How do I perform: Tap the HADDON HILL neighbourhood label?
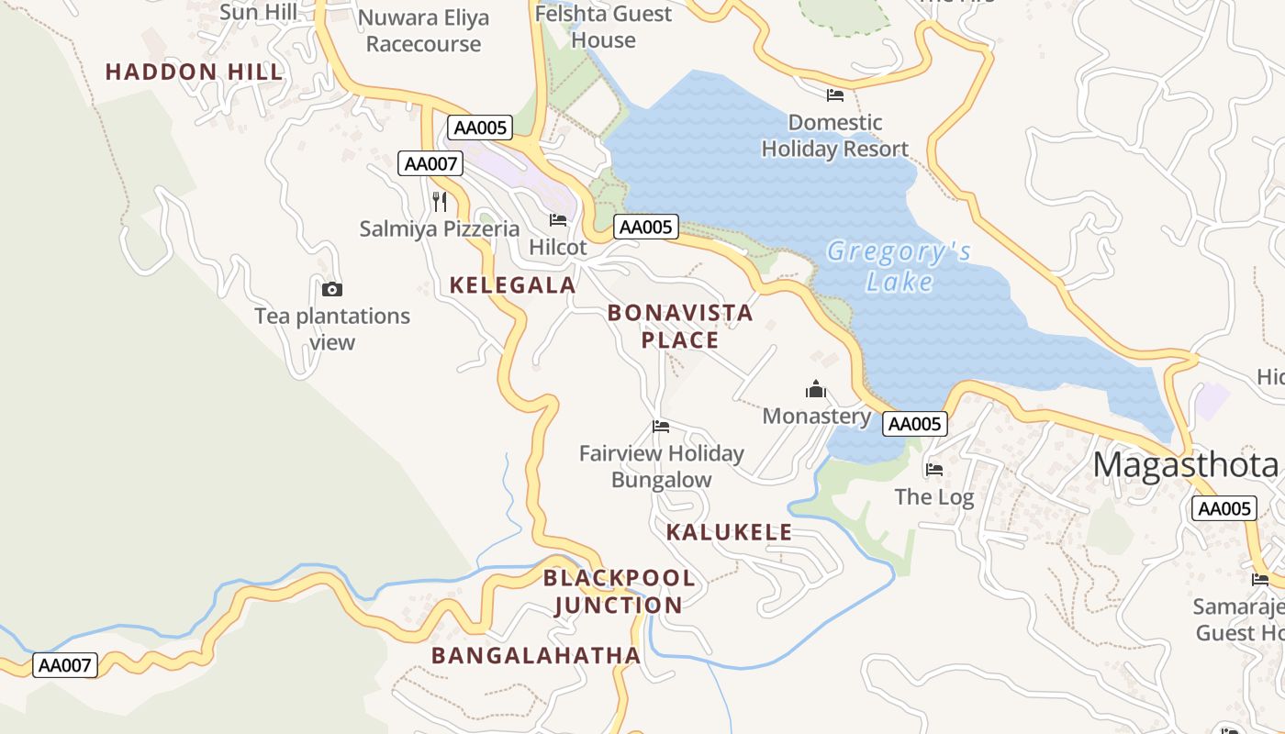point(195,72)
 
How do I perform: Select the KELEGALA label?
point(512,285)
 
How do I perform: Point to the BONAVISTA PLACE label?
point(680,326)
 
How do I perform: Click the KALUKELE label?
point(729,532)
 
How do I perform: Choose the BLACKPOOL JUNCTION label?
point(619,592)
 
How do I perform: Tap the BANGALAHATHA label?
point(536,655)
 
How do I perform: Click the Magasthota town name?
point(1186,465)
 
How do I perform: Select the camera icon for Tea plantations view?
point(332,290)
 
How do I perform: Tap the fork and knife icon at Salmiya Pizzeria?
point(440,201)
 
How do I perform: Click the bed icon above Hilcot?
point(558,220)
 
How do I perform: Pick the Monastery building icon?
point(816,390)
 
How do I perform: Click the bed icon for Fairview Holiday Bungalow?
point(661,427)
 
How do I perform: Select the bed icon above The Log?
point(934,470)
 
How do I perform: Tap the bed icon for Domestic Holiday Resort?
point(835,95)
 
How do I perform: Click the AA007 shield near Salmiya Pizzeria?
point(430,164)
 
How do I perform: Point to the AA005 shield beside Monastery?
point(914,424)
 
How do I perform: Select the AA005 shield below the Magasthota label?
point(1224,509)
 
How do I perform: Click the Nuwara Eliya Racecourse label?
point(423,30)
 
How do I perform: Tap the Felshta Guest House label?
point(603,27)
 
